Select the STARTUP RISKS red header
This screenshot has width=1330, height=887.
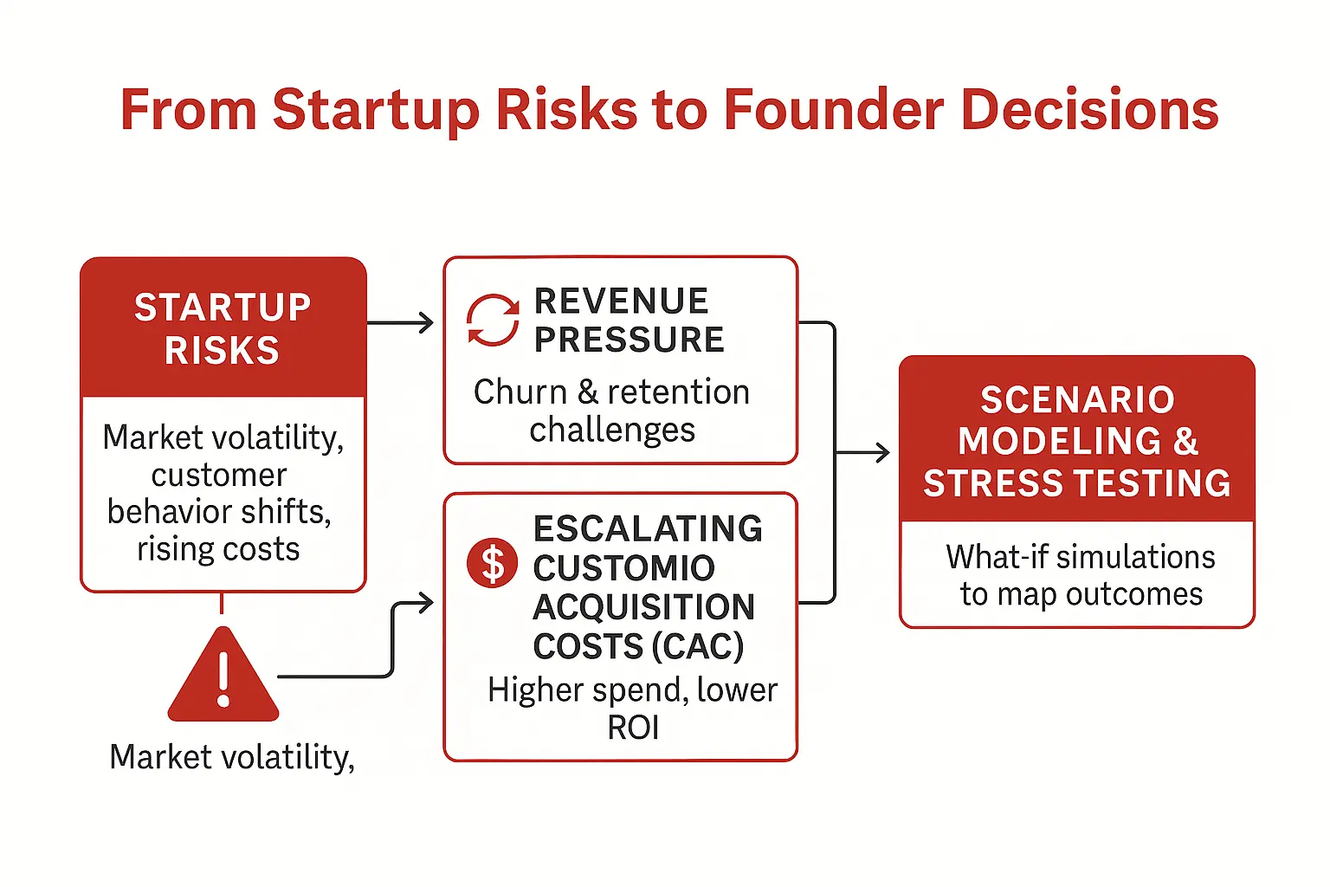[223, 327]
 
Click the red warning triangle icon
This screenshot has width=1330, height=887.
[223, 674]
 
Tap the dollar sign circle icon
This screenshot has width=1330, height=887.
[492, 563]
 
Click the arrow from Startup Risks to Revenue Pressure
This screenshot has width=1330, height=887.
[400, 322]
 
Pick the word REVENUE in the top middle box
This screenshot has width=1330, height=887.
[621, 301]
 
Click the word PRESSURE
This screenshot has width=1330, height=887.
[629, 340]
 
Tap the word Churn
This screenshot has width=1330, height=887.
[520, 392]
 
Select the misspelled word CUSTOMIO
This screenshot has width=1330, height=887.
[623, 567]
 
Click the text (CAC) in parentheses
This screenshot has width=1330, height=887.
[697, 646]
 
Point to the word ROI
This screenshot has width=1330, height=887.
[633, 728]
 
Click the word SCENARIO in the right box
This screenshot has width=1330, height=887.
[1078, 399]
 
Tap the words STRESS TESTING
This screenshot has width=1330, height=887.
[1077, 482]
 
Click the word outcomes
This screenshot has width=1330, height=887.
[1134, 595]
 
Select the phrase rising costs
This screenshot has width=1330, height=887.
[218, 549]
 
